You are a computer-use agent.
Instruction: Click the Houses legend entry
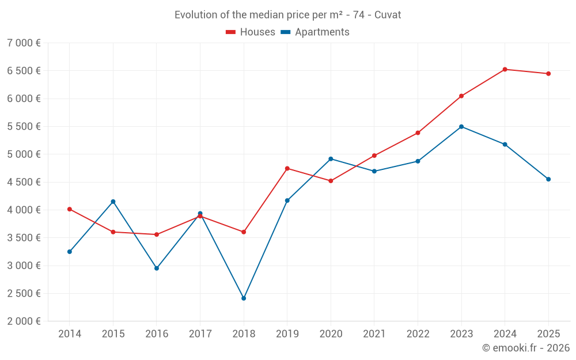251,32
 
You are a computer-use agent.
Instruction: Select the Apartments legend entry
316,32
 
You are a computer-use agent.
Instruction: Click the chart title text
288,15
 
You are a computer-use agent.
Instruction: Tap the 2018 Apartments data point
244,298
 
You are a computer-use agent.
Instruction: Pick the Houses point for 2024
505,69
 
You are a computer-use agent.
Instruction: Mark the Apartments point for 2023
461,127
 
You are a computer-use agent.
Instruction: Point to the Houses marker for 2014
70,209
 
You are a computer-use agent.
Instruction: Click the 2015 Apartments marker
113,202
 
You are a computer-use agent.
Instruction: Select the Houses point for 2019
287,168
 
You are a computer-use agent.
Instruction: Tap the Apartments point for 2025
548,179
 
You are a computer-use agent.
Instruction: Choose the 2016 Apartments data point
157,268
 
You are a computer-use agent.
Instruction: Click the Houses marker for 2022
418,132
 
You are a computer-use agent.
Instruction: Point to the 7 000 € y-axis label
24,43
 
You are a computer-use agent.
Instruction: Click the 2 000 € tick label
24,321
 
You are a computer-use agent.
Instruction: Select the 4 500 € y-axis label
24,182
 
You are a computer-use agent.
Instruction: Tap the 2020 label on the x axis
331,334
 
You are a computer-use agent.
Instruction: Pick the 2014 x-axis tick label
70,334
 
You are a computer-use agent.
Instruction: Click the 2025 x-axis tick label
548,334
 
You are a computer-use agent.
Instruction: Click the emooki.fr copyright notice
526,348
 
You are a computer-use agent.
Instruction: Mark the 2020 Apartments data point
331,159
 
